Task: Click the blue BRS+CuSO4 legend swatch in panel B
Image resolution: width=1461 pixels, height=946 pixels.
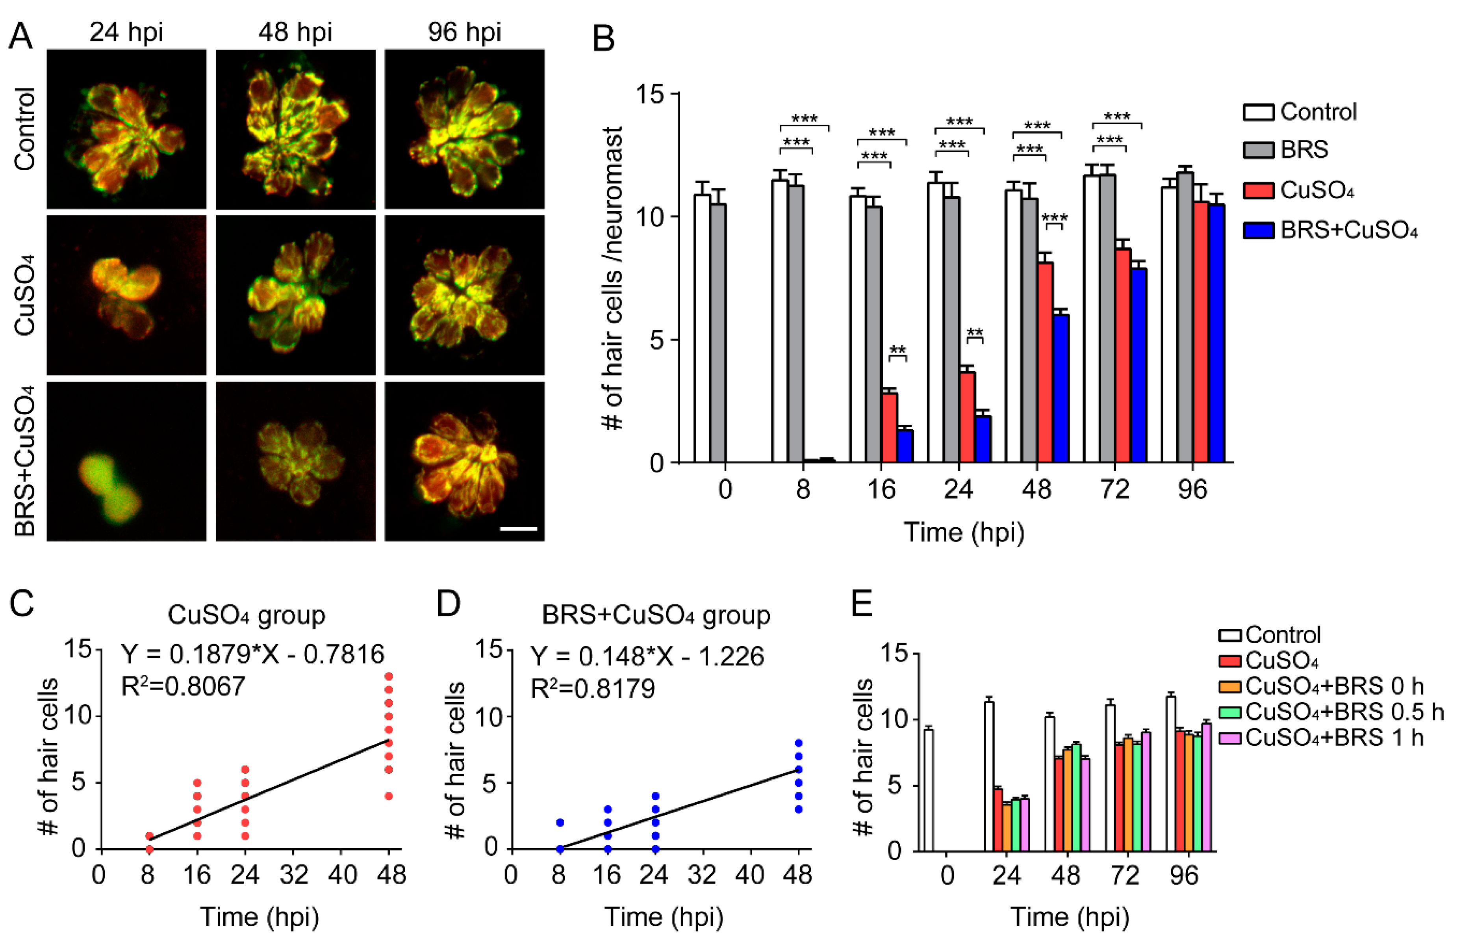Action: (1259, 230)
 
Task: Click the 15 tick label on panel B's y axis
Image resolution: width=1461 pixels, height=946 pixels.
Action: (649, 94)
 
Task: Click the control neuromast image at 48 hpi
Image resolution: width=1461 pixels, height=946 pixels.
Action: (295, 129)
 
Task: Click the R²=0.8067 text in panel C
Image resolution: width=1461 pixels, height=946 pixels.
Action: (183, 686)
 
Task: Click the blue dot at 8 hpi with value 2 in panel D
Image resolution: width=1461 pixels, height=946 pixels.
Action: (559, 823)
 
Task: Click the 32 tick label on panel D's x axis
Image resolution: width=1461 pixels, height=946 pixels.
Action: (702, 875)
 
